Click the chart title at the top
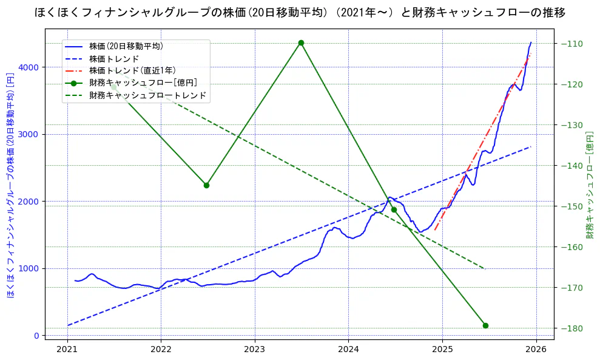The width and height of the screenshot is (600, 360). (x=300, y=12)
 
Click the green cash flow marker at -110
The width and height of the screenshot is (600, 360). (x=301, y=42)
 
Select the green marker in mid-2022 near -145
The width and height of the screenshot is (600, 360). (x=206, y=185)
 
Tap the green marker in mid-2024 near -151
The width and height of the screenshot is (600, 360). (x=394, y=210)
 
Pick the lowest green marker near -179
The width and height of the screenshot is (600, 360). (x=485, y=325)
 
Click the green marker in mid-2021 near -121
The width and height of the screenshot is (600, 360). (x=113, y=87)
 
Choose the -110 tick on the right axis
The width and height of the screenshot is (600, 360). (x=572, y=44)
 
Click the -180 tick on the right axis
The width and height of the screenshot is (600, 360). (x=572, y=328)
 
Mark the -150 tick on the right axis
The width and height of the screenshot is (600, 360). (x=572, y=206)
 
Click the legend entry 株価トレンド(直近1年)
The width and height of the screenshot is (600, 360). (x=132, y=70)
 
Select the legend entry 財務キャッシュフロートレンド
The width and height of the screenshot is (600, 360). (x=147, y=95)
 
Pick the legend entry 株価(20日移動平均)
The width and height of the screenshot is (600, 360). (x=126, y=46)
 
